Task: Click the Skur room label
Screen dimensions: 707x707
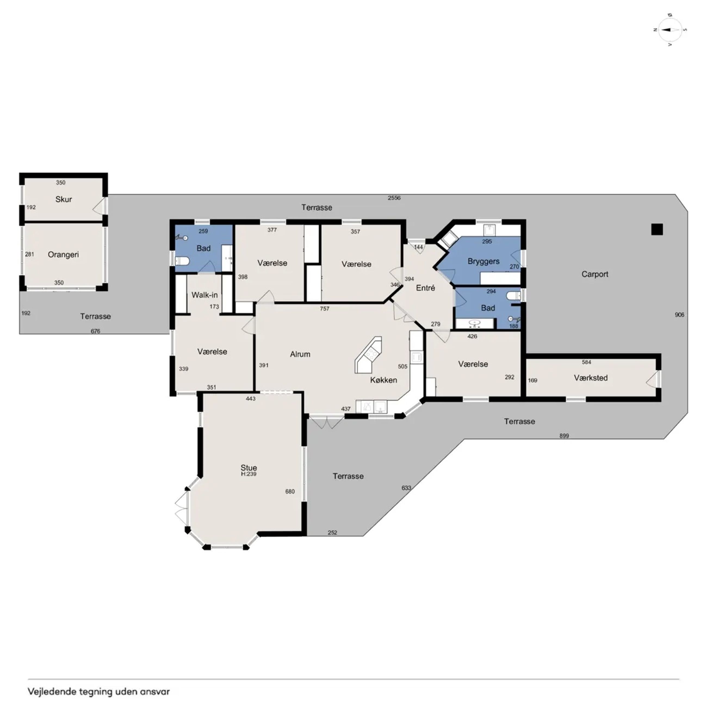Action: point(63,199)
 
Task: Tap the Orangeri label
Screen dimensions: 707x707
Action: point(63,255)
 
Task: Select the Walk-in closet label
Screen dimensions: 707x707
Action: point(204,295)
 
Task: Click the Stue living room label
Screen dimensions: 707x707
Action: point(249,468)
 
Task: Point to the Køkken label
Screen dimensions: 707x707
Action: point(383,380)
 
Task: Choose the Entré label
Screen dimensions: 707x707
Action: point(426,288)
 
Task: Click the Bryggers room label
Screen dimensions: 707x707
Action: point(483,261)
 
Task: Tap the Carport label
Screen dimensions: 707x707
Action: point(595,274)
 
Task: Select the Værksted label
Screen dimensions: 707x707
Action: point(591,378)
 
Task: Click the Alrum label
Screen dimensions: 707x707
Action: point(300,354)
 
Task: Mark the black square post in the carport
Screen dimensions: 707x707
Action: point(657,230)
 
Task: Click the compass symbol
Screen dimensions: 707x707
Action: point(670,30)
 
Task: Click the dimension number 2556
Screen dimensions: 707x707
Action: point(394,198)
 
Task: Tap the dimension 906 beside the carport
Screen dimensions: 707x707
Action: point(679,315)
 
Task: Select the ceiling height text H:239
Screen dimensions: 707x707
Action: point(249,474)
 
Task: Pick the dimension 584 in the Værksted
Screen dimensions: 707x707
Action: point(586,362)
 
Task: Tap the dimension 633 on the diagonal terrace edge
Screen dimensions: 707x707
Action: point(406,488)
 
